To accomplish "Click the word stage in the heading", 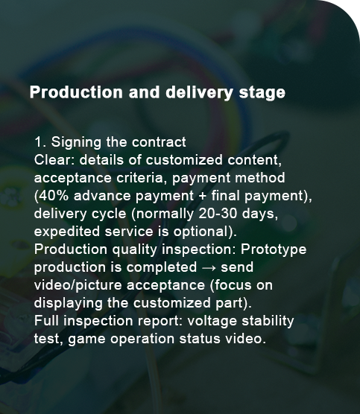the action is click(x=262, y=92).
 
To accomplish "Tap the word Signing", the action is click(x=76, y=142).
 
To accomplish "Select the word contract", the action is click(x=159, y=142).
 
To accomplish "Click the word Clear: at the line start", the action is click(x=54, y=160).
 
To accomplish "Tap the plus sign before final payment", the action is click(x=203, y=196).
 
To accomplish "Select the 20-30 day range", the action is click(x=218, y=214).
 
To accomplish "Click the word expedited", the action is click(x=67, y=232).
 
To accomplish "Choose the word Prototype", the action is click(x=274, y=249).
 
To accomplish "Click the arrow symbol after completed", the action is click(x=209, y=268).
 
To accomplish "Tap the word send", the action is click(x=237, y=267).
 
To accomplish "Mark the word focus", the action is click(x=232, y=285).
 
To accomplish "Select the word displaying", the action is click(x=68, y=303).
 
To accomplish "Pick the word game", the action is click(x=86, y=340).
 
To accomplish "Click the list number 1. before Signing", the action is click(x=41, y=142).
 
